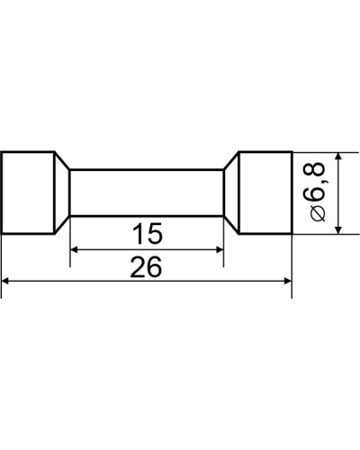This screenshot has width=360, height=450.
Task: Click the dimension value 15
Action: (x=148, y=233)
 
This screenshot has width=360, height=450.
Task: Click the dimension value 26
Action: (x=146, y=266)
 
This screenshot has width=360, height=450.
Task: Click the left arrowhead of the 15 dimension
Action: (x=74, y=249)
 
